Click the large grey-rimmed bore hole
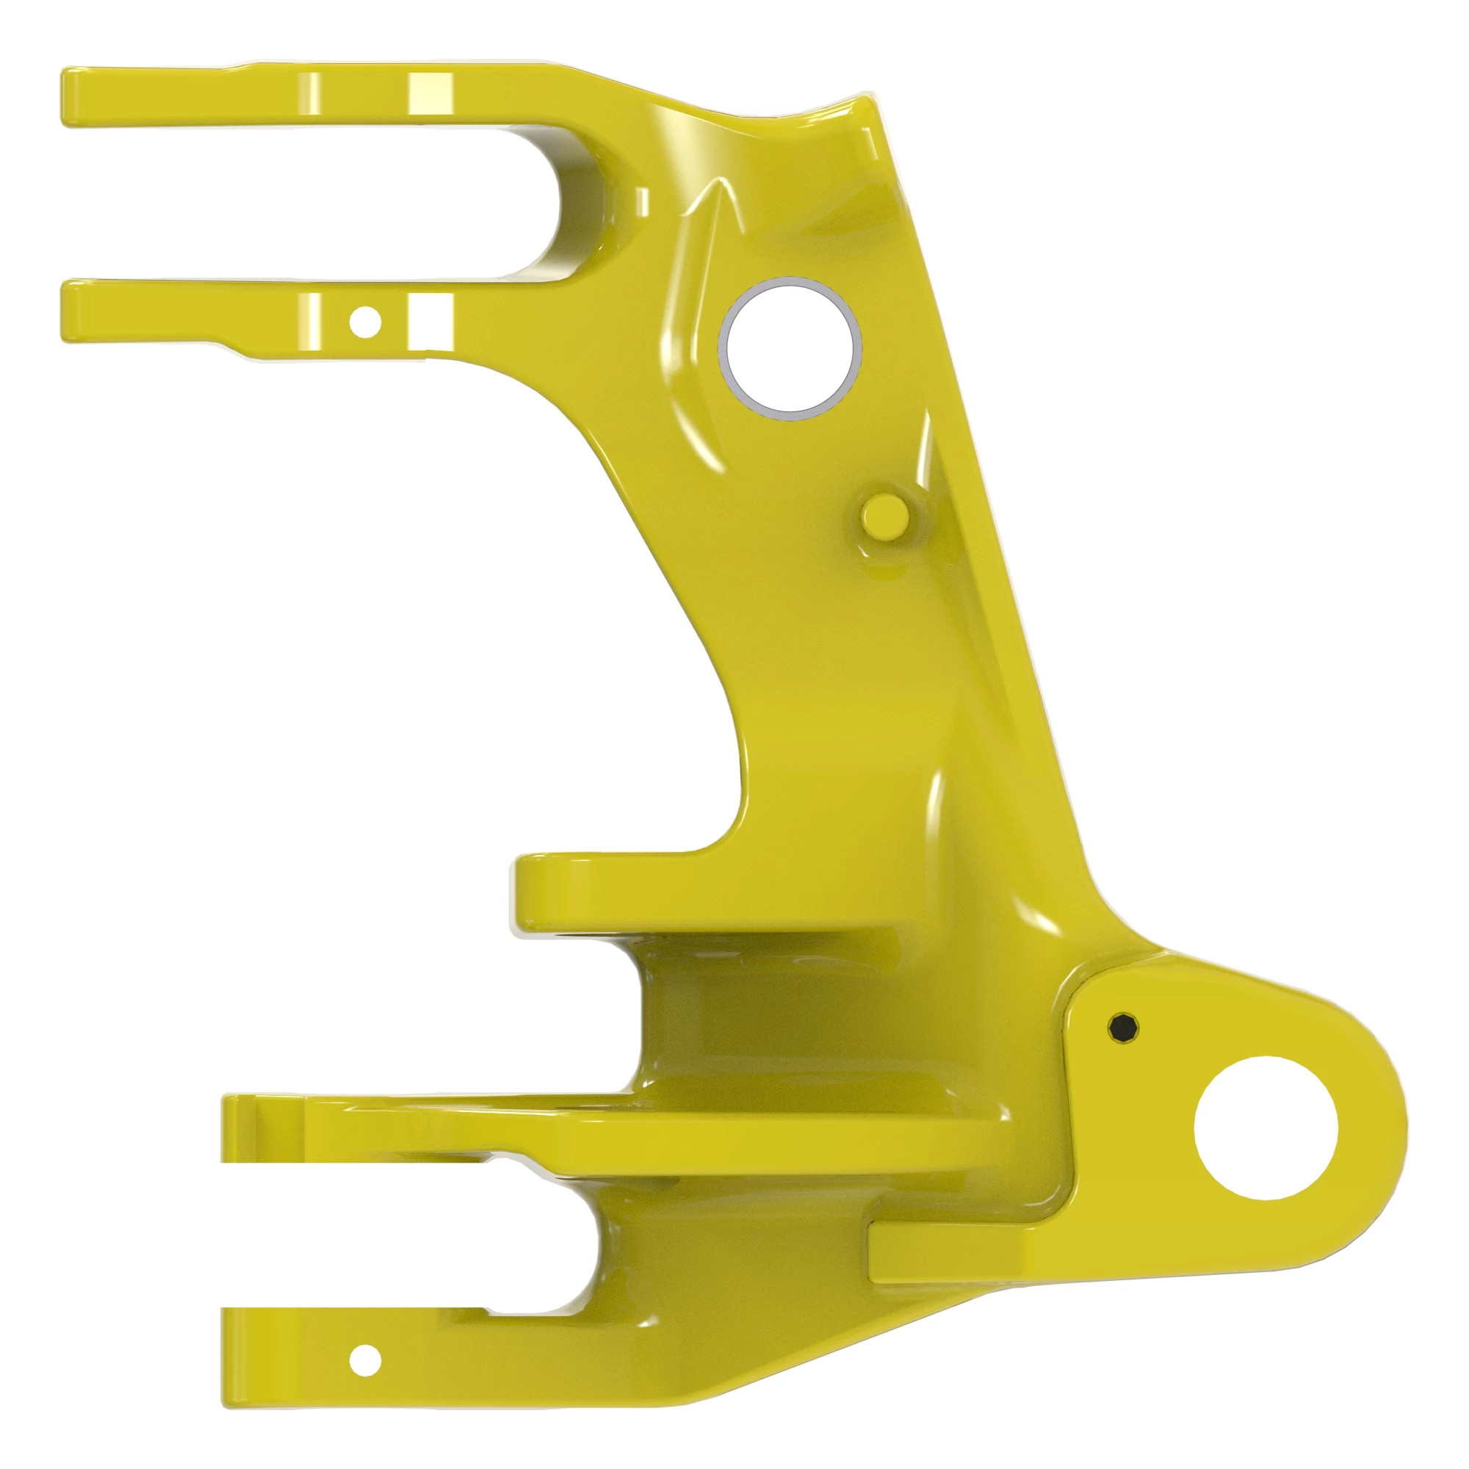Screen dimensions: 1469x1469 click(791, 348)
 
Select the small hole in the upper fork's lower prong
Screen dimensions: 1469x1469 click(365, 322)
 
